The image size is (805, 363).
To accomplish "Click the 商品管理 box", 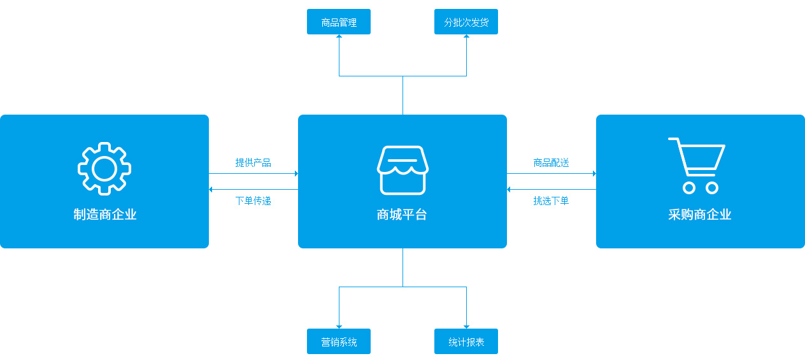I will tap(339, 22).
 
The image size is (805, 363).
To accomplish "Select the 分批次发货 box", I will tap(466, 22).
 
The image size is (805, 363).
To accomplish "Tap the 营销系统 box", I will tap(339, 341).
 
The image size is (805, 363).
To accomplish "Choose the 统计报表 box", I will tap(466, 341).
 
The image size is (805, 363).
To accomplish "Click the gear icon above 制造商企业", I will tap(104, 168).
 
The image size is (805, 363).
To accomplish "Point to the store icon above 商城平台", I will tap(402, 169).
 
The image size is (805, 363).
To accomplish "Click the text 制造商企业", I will tap(104, 215).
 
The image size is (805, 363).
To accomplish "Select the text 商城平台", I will tap(402, 215).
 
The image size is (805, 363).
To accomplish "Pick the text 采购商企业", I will tap(700, 215).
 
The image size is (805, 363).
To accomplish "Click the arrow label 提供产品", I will tap(253, 162).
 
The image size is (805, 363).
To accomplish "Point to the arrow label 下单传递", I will tap(253, 201).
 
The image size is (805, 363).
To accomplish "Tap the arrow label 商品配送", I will tap(552, 162).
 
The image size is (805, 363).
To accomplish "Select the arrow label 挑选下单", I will tap(552, 201).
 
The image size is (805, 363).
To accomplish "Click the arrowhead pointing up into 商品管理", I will tap(339, 37).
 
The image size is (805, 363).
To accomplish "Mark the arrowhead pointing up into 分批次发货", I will tap(466, 37).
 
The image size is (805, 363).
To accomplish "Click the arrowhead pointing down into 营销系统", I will tap(339, 326).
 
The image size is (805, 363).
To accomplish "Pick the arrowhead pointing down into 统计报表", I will tap(466, 326).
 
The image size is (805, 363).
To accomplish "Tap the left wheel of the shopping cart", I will tap(688, 188).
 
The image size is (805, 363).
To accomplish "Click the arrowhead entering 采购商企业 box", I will tap(594, 173).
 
